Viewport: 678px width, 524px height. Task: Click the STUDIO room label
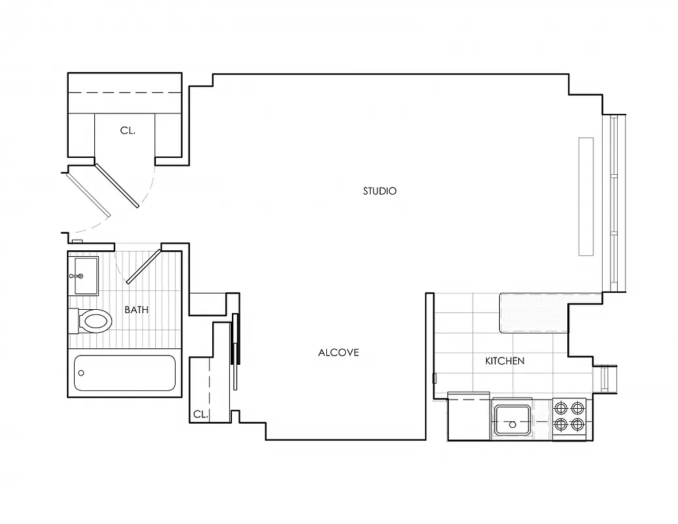(380, 191)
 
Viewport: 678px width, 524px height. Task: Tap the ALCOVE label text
(339, 352)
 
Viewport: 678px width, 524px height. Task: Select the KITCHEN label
(504, 361)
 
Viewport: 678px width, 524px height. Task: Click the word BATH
(136, 310)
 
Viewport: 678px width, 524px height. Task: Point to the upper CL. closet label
(128, 131)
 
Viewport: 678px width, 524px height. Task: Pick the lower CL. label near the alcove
(200, 414)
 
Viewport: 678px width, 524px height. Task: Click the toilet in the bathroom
(91, 321)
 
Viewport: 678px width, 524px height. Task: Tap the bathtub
(124, 373)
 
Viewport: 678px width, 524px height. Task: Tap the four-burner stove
(569, 417)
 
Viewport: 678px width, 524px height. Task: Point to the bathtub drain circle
(81, 373)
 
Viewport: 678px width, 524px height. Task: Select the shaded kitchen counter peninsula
(533, 312)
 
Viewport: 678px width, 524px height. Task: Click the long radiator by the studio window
(586, 196)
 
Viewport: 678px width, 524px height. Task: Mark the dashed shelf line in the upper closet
(124, 93)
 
